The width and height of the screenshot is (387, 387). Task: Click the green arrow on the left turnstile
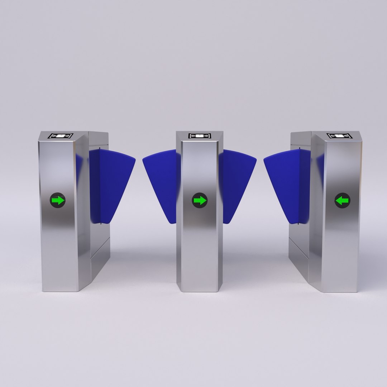(58, 200)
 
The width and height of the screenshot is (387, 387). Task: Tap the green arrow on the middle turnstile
(200, 200)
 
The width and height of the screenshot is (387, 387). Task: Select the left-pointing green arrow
(342, 200)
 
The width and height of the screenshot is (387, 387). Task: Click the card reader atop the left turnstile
(61, 136)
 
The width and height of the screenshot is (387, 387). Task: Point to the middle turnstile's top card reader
(200, 136)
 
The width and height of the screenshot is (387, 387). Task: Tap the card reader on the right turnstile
(339, 136)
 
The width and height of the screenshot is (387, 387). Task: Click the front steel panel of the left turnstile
(57, 244)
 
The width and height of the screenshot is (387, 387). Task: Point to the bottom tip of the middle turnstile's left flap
(172, 222)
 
